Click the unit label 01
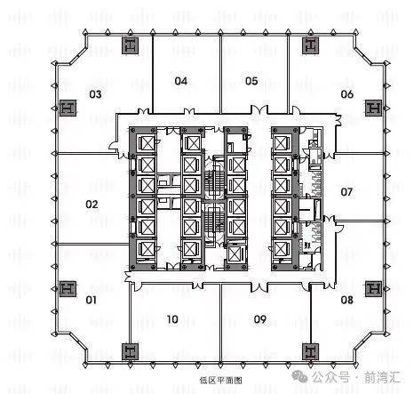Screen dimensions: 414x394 tap(92, 300)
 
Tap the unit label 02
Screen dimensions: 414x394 tap(92, 205)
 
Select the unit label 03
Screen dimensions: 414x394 tap(95, 94)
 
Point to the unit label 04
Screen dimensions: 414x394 tap(181, 81)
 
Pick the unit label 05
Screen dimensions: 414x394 tap(251, 81)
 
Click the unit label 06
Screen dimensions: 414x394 tap(347, 94)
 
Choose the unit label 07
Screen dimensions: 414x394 tap(346, 192)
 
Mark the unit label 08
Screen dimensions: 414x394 tap(347, 300)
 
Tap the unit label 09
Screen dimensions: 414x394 tap(260, 319)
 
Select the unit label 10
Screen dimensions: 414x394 tap(172, 319)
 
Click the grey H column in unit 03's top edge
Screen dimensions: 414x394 tap(131, 45)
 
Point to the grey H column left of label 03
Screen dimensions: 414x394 tap(68, 108)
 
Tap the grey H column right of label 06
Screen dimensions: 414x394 tap(374, 108)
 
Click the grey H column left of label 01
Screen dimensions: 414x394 tap(68, 288)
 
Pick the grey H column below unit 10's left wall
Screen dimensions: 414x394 tap(131, 351)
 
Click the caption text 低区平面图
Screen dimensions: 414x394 tap(221, 380)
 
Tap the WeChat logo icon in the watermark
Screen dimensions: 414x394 tap(299, 377)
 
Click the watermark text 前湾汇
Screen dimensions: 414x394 tap(382, 377)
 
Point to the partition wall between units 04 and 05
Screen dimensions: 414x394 tap(220, 75)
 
